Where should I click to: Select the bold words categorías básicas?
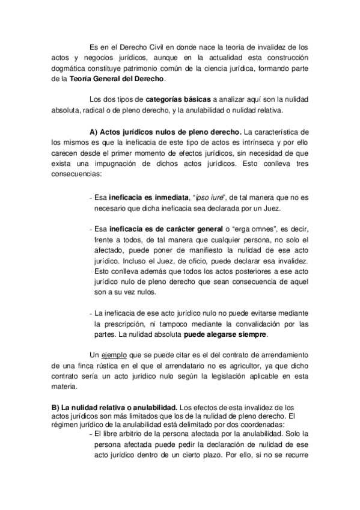coord(174,99)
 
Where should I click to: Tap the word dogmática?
coord(72,67)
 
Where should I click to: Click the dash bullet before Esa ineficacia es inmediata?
coord(90,197)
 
